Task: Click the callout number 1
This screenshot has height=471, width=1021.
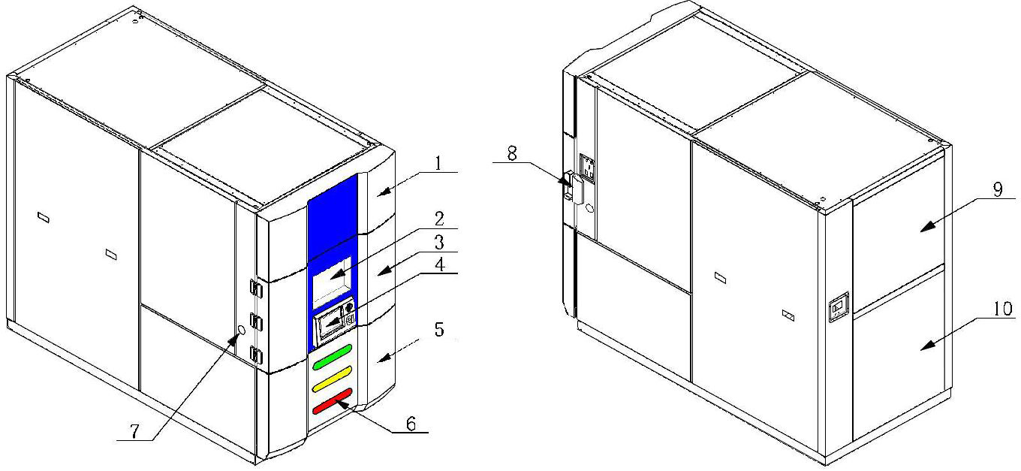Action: pos(438,163)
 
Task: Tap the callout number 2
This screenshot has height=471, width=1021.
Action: pos(439,219)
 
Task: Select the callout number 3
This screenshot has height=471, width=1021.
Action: pos(439,243)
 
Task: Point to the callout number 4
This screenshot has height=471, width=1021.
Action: pos(440,265)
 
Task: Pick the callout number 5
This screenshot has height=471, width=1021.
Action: pos(439,329)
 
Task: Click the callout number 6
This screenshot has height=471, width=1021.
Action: pos(411,424)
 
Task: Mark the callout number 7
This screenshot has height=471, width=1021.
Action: pos(134,431)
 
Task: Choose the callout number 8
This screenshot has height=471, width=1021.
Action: pos(512,154)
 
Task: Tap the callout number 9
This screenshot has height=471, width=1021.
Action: pos(998,189)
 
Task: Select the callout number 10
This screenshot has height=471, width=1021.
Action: pos(1003,309)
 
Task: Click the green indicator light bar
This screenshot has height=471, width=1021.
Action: pos(333,357)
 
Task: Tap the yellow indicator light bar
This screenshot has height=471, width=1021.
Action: pos(333,379)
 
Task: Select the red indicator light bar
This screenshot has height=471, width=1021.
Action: pos(333,401)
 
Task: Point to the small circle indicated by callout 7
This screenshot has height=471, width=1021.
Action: pos(242,330)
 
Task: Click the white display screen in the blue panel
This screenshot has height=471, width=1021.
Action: pos(332,282)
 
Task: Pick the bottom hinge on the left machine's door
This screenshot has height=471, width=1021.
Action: pos(256,355)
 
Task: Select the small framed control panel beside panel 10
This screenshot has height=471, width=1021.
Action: pos(839,307)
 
